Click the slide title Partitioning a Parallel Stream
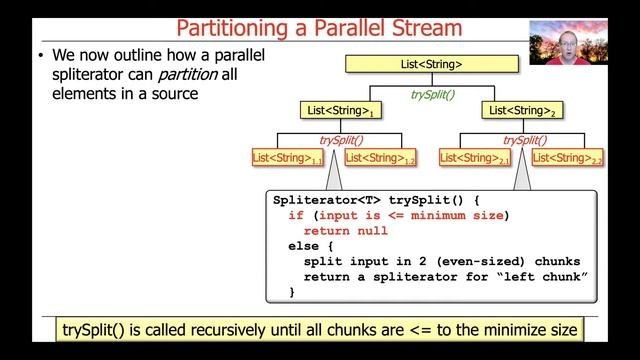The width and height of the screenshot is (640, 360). click(x=318, y=27)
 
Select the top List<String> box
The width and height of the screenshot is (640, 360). click(x=432, y=65)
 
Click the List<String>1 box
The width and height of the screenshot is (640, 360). click(x=340, y=110)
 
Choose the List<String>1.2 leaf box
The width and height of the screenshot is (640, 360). click(x=380, y=157)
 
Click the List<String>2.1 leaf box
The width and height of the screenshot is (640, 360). click(x=476, y=157)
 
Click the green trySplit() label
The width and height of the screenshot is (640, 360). click(x=432, y=94)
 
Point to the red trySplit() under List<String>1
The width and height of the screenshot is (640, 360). click(x=340, y=141)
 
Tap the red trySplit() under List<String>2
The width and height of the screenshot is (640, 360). click(x=523, y=141)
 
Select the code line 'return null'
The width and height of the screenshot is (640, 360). click(x=345, y=231)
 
